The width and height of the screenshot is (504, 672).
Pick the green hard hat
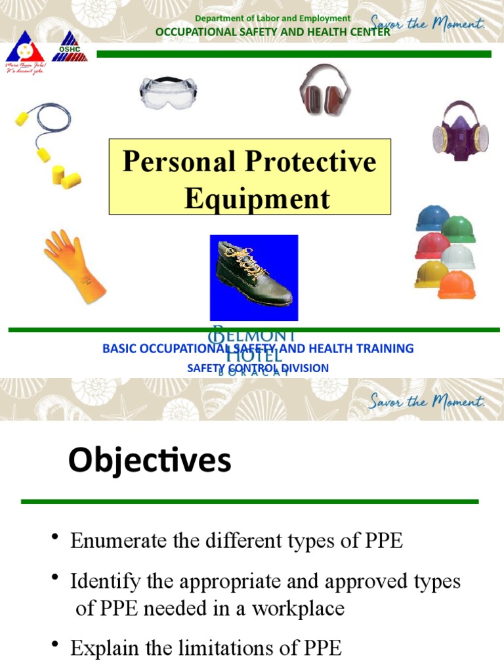[x=459, y=229]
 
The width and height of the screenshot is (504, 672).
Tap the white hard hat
[x=458, y=257]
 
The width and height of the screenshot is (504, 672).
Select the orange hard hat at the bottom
[x=457, y=285]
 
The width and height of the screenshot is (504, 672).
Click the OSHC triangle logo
[x=69, y=47]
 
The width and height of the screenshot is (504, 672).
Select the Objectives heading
[x=150, y=461]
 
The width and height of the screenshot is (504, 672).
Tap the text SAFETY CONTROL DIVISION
[x=258, y=368]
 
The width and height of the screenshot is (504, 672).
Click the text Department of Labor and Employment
[x=272, y=18]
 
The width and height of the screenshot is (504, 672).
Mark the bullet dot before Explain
[x=55, y=646]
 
